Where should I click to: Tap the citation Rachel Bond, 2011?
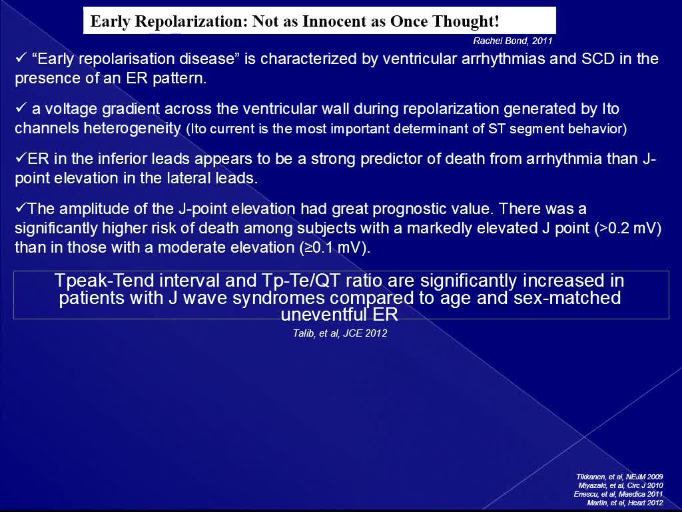tap(512, 41)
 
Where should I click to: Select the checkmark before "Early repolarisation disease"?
tap(21, 58)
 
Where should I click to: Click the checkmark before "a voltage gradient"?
tap(21, 108)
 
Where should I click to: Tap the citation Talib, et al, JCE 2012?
tap(340, 333)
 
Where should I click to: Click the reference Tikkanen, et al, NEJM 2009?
tap(619, 477)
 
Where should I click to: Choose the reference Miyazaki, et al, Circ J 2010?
tap(621, 485)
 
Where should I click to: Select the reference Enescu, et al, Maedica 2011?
tap(619, 494)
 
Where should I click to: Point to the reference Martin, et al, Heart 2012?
tap(625, 503)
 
